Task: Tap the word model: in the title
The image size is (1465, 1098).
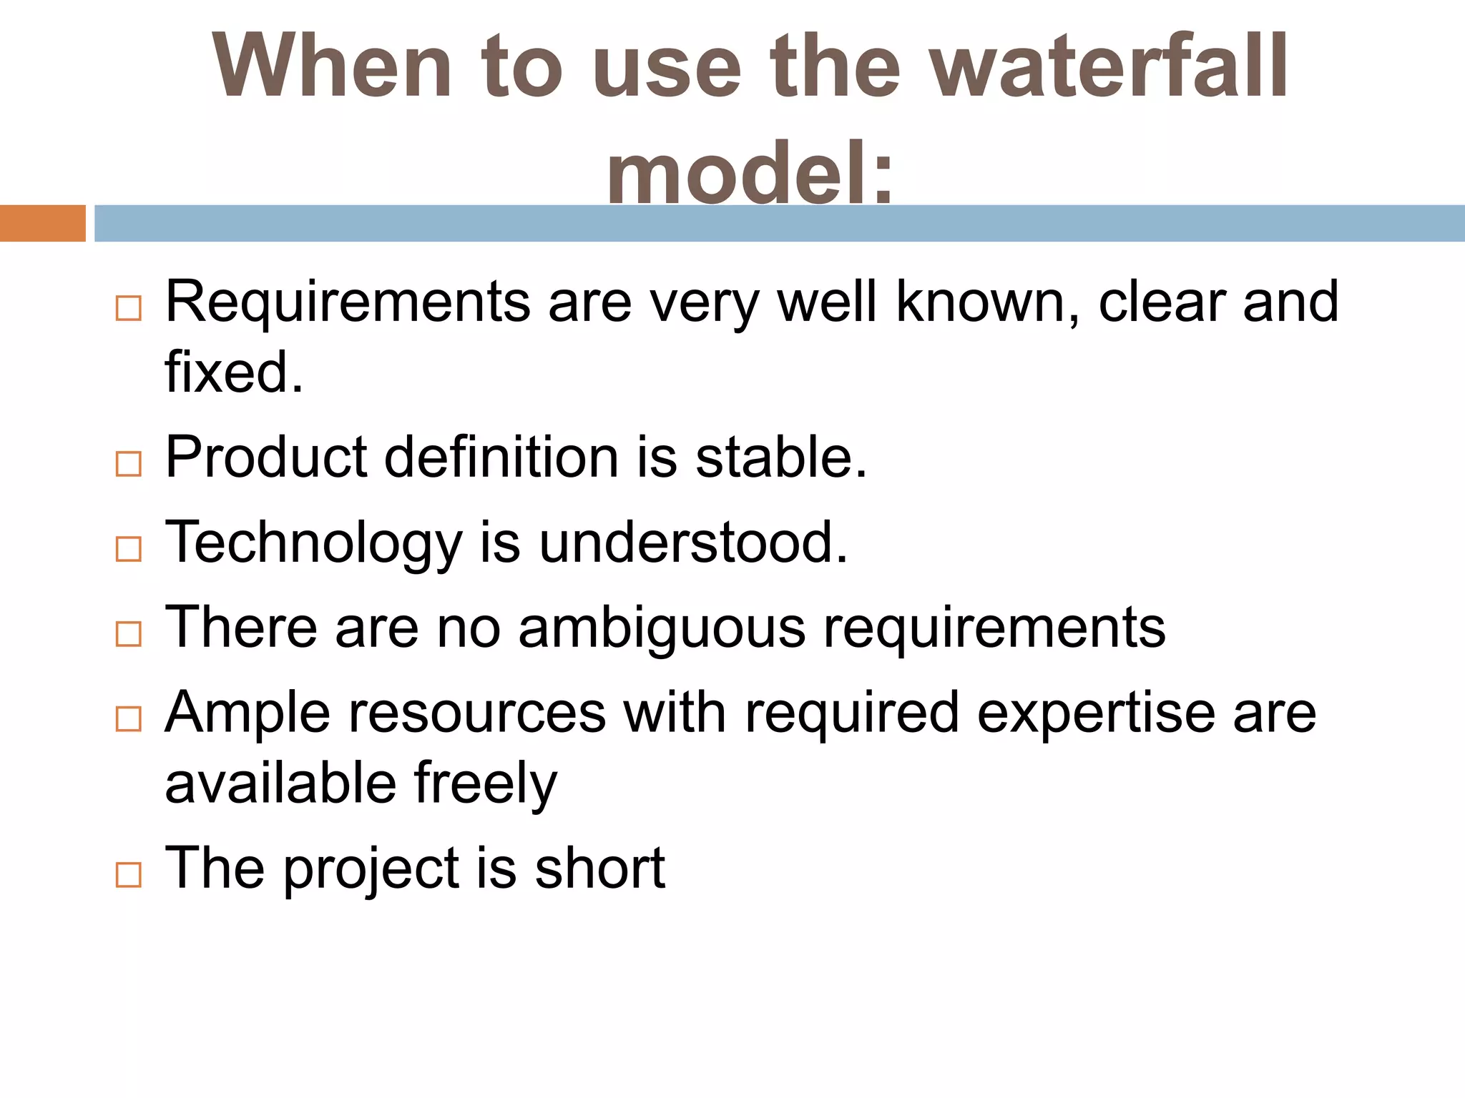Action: coord(750,173)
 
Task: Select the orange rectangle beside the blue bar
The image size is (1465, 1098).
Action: coord(42,223)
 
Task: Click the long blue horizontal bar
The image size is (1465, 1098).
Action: coord(779,223)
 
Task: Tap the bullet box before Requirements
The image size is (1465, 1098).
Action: coord(129,309)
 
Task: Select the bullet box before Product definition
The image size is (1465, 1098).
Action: coord(129,464)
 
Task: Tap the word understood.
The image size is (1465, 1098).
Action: coord(692,543)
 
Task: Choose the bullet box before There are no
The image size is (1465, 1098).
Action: coord(129,634)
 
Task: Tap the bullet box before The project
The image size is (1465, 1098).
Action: coord(129,874)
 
